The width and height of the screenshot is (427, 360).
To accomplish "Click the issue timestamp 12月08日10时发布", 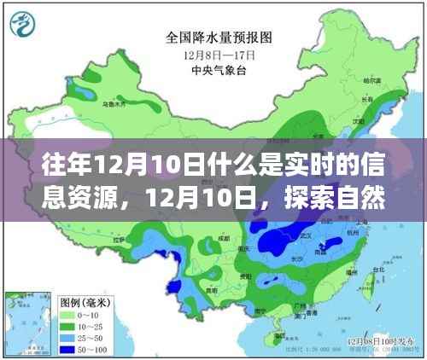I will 376,339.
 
